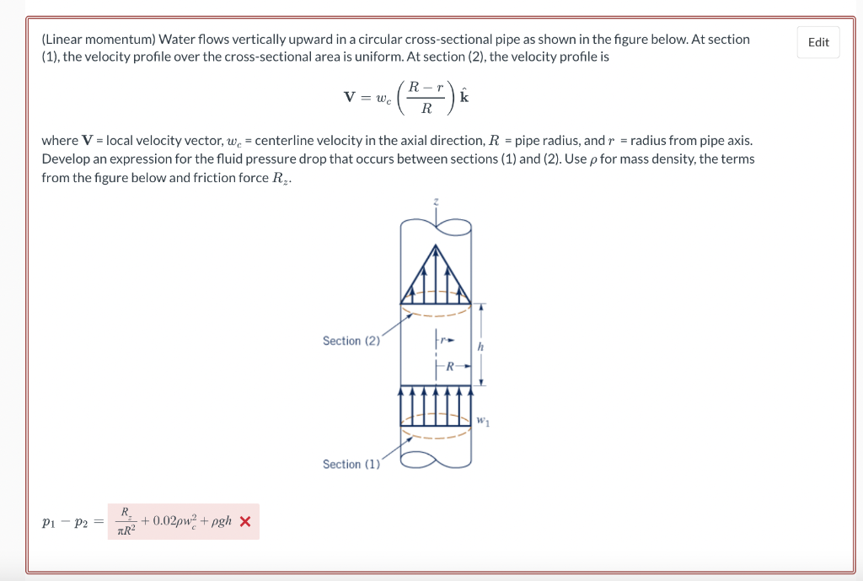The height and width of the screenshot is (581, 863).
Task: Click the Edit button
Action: tap(818, 42)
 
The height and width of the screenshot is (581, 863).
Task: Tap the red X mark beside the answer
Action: tap(245, 521)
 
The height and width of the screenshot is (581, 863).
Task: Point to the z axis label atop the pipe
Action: tap(436, 202)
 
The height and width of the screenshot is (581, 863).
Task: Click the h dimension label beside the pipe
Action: tap(480, 346)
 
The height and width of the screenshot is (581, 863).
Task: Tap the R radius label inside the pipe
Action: tap(450, 366)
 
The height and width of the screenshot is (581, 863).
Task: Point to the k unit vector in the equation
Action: tap(464, 96)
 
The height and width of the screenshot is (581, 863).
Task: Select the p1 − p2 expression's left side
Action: tap(65, 522)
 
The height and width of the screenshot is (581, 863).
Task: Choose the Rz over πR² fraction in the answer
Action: tap(125, 521)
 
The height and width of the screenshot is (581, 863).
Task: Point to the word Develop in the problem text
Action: tap(65, 159)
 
